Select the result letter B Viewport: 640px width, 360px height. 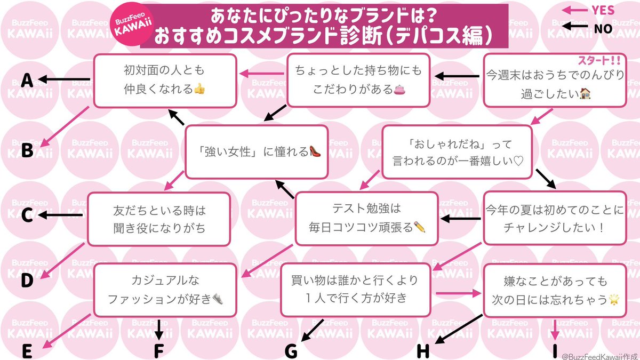pyautogui.click(x=27, y=150)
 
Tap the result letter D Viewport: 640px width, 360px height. pyautogui.click(x=27, y=280)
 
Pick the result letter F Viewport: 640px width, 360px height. pyautogui.click(x=158, y=350)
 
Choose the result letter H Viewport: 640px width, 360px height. pyautogui.click(x=423, y=350)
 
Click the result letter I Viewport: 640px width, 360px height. pyautogui.click(x=555, y=350)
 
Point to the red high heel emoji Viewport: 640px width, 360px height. pyautogui.click(x=315, y=151)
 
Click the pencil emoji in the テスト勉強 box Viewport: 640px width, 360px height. pyautogui.click(x=420, y=227)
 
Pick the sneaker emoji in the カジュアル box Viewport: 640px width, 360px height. pyautogui.click(x=218, y=299)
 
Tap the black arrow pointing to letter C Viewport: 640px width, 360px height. pyautogui.click(x=61, y=215)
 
